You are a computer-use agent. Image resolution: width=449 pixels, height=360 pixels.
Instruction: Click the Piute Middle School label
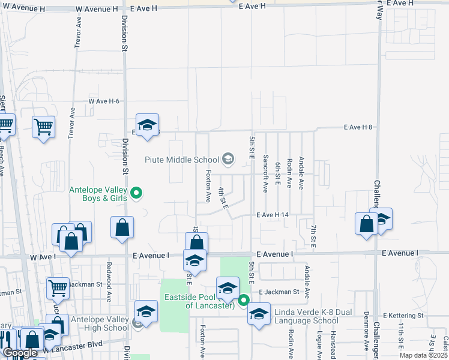tap(182, 160)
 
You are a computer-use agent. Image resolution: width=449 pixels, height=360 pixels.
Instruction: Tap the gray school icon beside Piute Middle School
tap(228, 159)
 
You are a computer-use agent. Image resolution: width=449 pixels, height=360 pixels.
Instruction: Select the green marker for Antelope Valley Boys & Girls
tap(137, 193)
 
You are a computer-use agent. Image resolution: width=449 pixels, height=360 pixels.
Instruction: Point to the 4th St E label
tap(224, 197)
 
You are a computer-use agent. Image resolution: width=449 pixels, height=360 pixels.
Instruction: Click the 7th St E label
tap(313, 235)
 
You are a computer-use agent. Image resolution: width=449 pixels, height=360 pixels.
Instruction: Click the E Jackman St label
tap(279, 292)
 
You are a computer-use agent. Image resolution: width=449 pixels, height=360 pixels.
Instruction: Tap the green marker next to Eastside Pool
tap(244, 300)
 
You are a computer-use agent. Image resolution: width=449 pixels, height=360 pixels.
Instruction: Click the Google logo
tap(20, 353)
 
